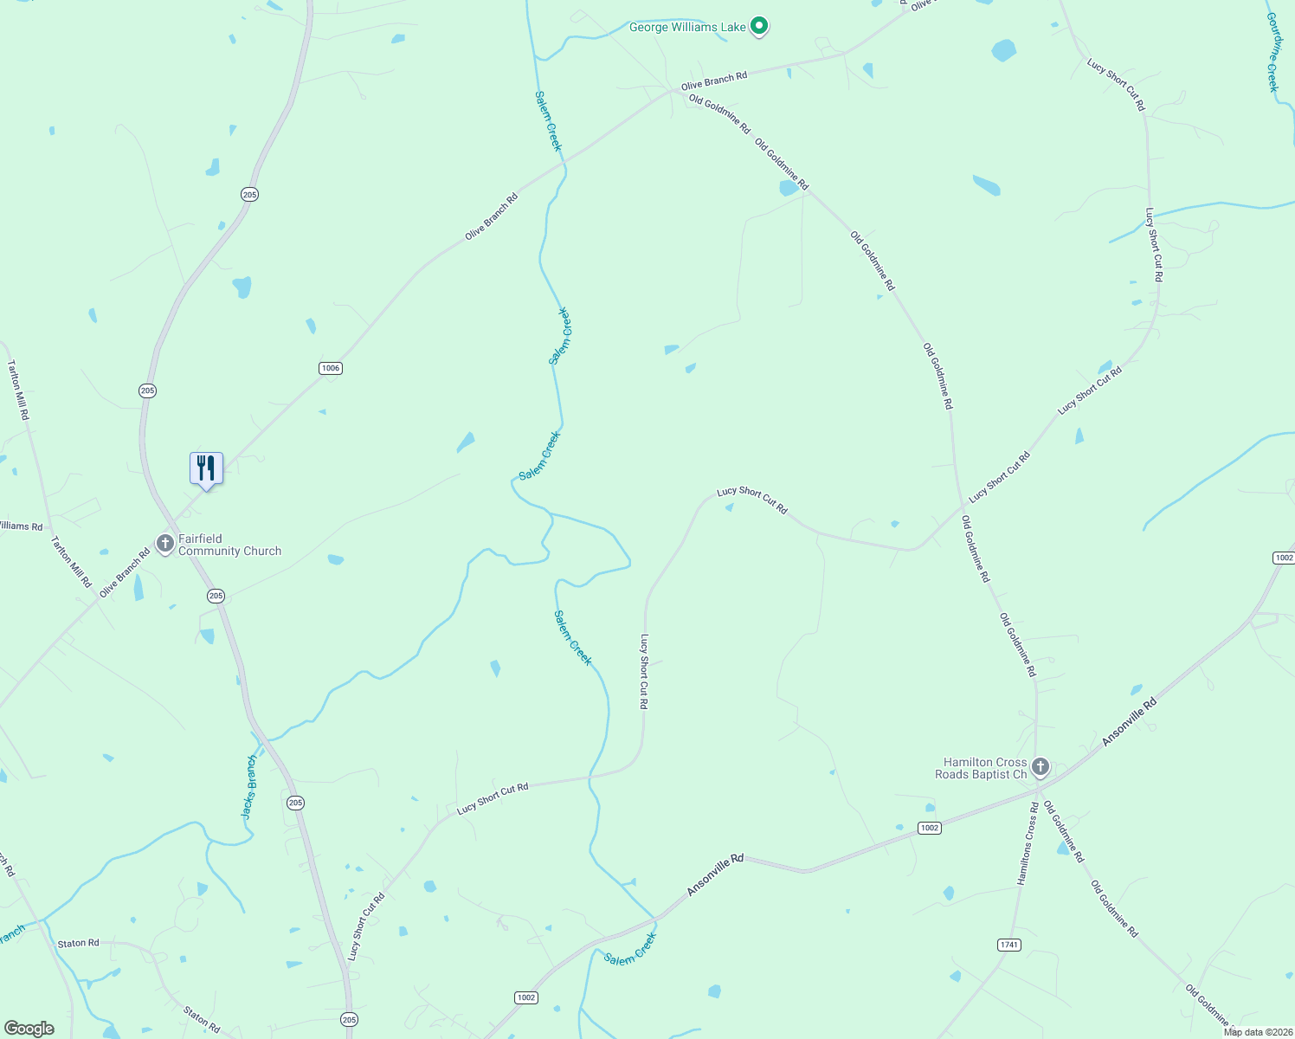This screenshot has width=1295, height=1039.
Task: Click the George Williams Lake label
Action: click(686, 28)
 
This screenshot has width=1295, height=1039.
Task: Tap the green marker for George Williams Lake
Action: click(759, 27)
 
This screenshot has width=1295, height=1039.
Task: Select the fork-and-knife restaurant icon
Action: click(206, 468)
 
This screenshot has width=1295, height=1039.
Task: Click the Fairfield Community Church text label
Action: click(229, 545)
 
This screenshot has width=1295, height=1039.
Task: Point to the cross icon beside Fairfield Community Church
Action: click(165, 544)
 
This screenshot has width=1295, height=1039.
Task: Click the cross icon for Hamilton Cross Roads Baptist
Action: click(1041, 767)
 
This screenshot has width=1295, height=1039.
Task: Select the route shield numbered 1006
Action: click(330, 368)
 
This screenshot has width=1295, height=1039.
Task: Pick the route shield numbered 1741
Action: click(1008, 945)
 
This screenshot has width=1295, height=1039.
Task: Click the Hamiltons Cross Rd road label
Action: click(1028, 843)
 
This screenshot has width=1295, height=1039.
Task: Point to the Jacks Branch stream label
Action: click(249, 787)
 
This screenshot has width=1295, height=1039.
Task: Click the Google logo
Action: click(29, 1029)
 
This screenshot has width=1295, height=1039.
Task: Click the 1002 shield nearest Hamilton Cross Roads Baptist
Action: click(929, 829)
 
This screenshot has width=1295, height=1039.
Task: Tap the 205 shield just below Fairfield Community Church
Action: click(216, 596)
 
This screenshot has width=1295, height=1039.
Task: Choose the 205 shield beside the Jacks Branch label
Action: click(295, 803)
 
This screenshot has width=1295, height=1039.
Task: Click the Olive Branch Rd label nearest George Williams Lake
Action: click(713, 82)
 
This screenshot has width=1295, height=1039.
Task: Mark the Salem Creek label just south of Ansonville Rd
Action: click(630, 950)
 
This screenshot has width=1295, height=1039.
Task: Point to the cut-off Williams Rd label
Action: click(21, 526)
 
